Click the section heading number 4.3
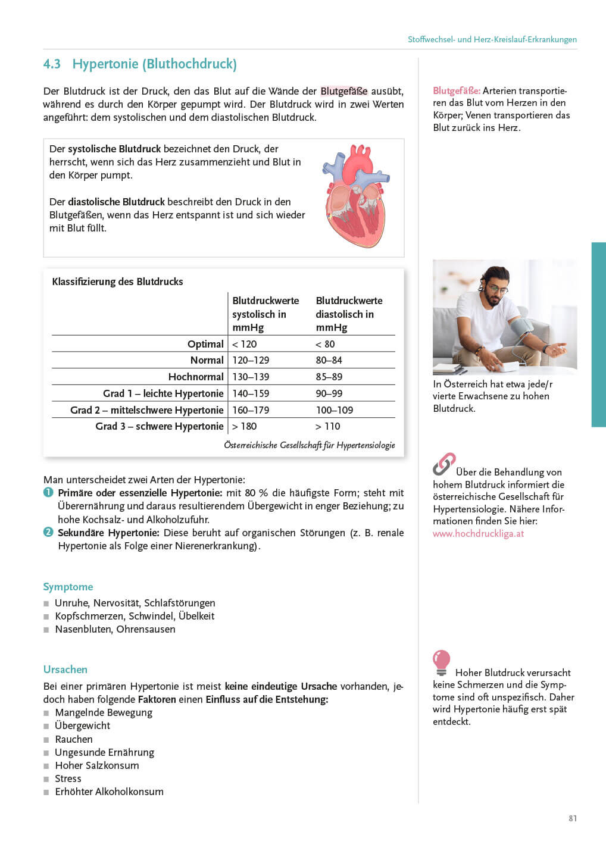pos(52,64)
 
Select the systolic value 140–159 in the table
pos(251,393)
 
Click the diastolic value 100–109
pos(334,410)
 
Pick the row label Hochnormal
pos(196,377)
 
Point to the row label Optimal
pos(205,344)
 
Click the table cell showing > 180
pos(245,426)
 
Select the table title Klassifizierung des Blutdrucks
pos(117,282)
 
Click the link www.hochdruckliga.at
pos(478,533)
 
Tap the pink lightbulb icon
pos(441,662)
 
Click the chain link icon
pos(443,464)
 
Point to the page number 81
pos(572,818)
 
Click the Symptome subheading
pos(68,587)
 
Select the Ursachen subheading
pos(65,670)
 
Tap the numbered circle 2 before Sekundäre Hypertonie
pos(48,532)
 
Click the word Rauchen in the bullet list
pos(74,739)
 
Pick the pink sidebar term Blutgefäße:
pos(457,91)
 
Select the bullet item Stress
pos(68,778)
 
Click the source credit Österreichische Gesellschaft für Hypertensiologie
pos(309,445)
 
